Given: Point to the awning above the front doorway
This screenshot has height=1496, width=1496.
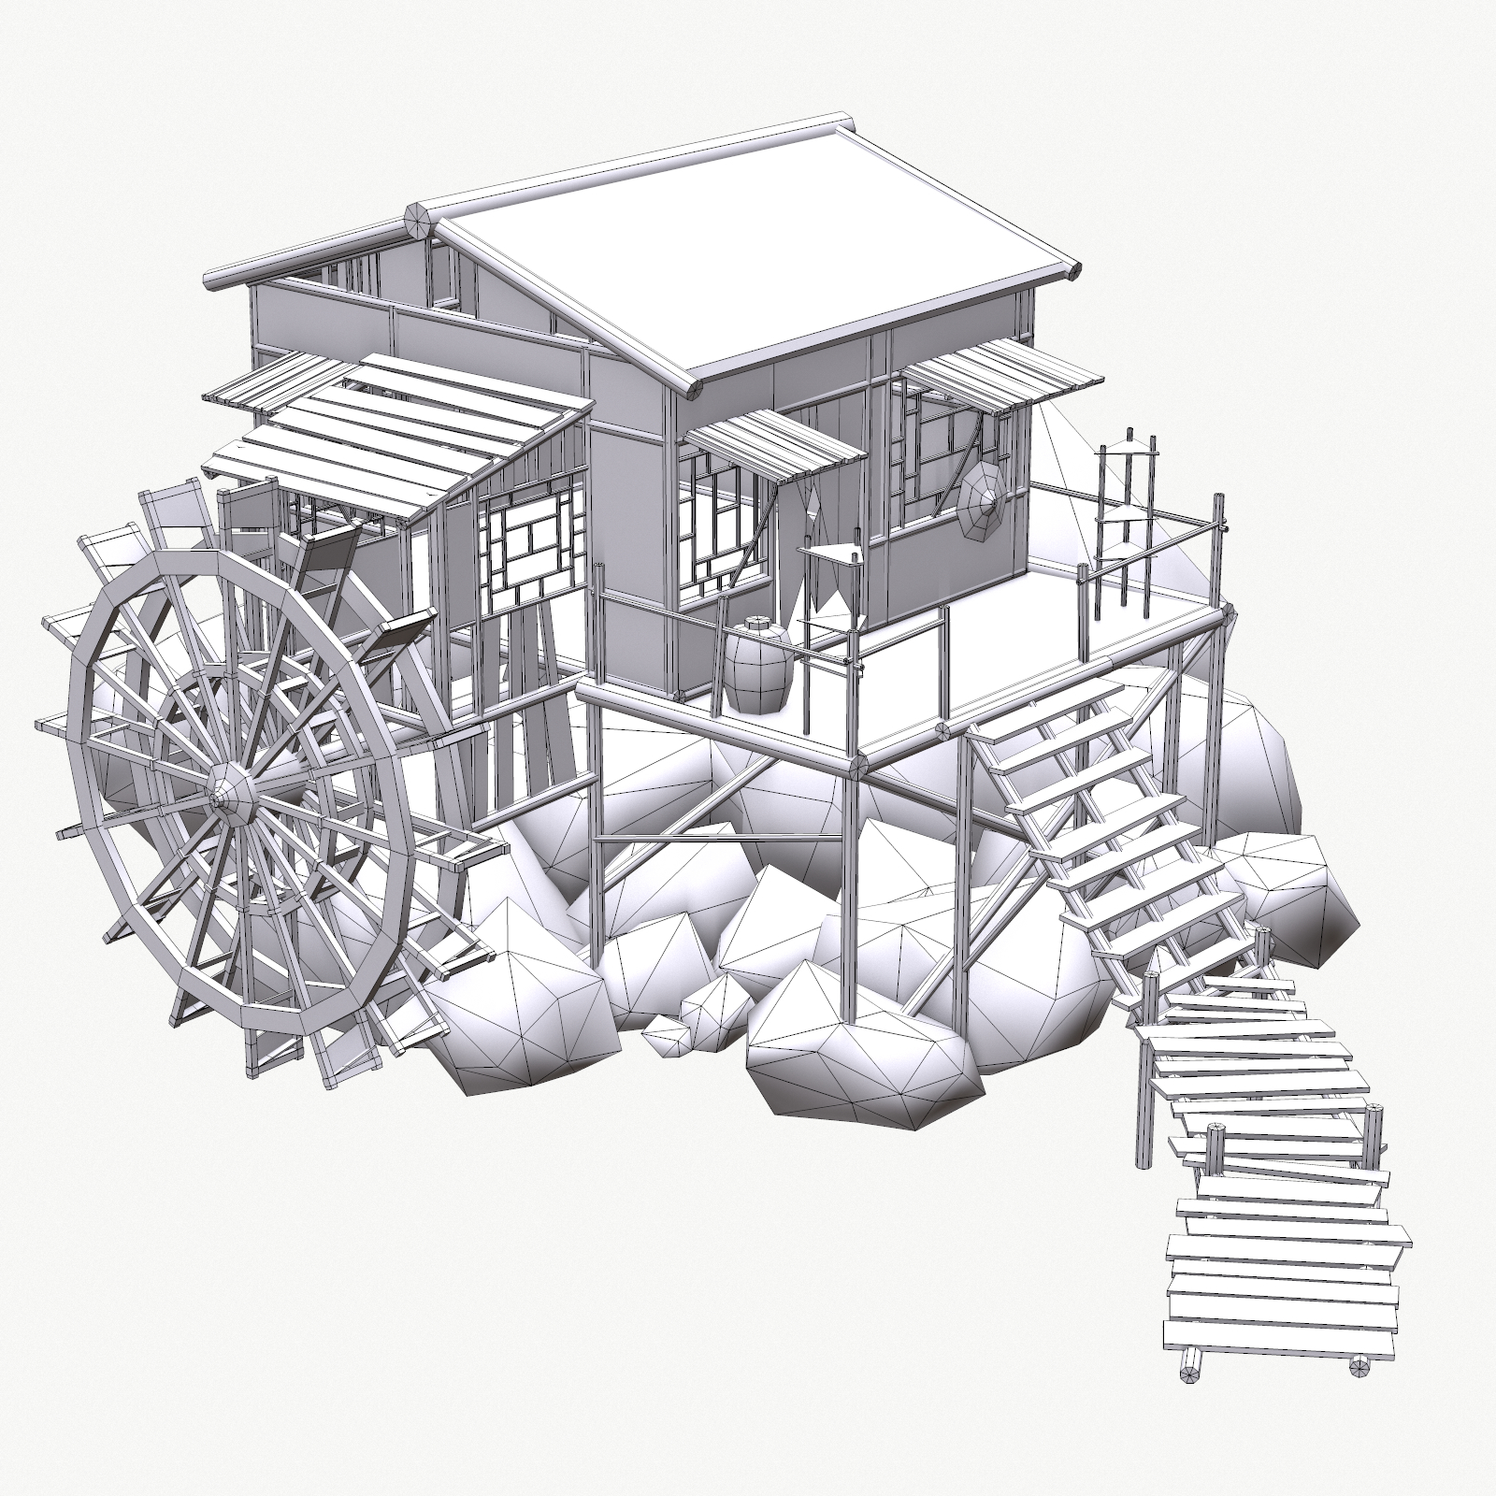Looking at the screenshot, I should pos(776,444).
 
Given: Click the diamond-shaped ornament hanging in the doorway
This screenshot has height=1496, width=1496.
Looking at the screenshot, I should pos(812,505).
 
